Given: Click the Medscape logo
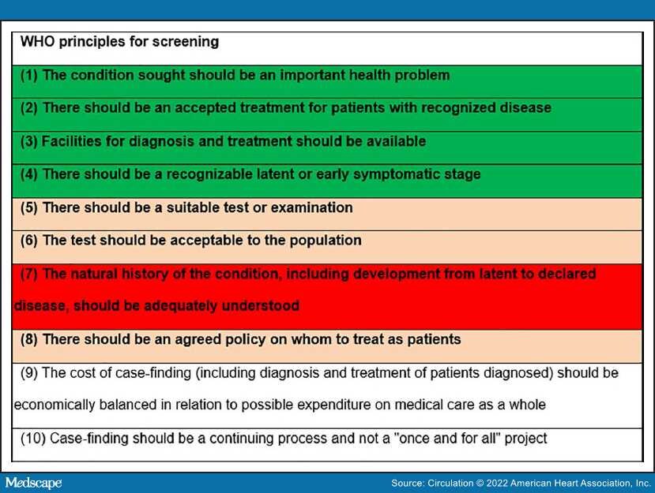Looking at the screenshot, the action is pos(33,483).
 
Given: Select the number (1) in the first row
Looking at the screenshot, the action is pos(28,75).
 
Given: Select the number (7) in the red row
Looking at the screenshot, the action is pos(28,274).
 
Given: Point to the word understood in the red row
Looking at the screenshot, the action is pos(260,306).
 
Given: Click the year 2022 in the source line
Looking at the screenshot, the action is pos(497,484).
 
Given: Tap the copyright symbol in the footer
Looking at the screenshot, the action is pos(480,484).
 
